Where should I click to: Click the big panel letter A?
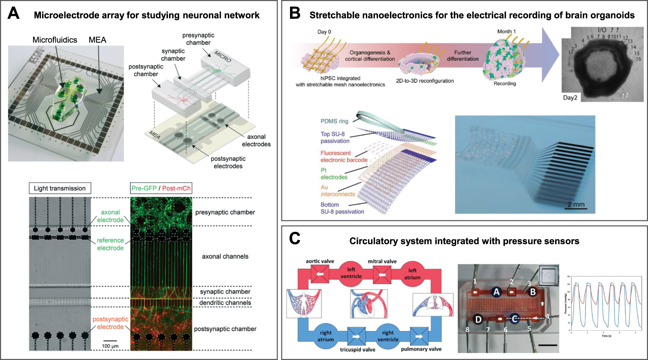point(14,14)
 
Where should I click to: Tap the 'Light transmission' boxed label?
point(60,188)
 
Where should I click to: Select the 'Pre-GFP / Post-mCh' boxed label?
point(161,188)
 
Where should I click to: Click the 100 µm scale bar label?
point(110,346)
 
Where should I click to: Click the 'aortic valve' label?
point(320,261)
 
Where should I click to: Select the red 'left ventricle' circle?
point(351,273)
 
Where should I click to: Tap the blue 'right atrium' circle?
point(325,336)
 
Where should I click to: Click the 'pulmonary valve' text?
point(421,349)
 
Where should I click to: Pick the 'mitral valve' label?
point(382,261)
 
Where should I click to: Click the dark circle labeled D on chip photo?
point(478,319)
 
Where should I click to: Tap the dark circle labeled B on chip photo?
point(533,292)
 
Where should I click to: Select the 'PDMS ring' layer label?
point(334,121)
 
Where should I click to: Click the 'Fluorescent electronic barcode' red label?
point(344,156)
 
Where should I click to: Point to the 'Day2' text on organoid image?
point(570,98)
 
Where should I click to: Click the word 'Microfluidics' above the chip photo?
point(54,40)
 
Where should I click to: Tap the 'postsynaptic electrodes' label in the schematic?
point(228,162)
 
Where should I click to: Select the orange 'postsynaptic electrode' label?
point(110,323)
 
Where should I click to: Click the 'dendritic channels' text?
point(225,303)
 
